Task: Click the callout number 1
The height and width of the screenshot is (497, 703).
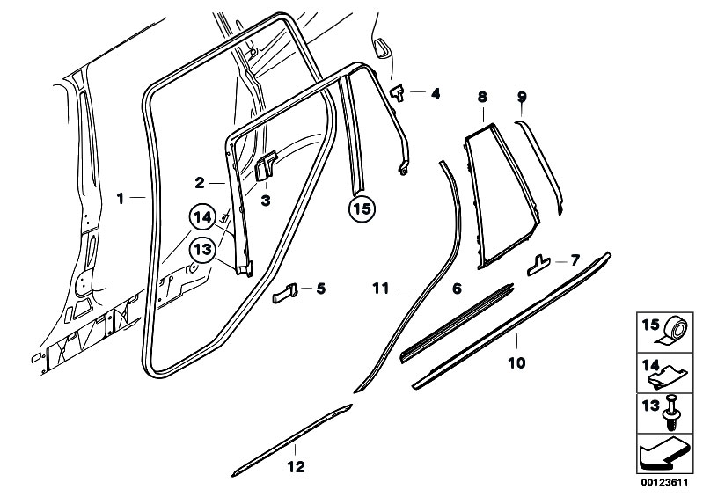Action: [120, 198]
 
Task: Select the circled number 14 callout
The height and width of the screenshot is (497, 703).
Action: [202, 218]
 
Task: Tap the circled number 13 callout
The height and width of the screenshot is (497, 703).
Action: [202, 249]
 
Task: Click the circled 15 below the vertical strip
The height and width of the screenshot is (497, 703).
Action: [362, 208]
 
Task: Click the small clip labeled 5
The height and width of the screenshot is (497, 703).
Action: [285, 293]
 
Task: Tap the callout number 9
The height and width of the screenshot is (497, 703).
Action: [522, 97]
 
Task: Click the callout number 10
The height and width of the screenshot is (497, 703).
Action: [516, 362]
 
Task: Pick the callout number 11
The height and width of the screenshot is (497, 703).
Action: [381, 289]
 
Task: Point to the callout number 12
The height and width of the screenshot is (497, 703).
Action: [296, 467]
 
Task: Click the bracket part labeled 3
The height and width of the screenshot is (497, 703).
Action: [266, 166]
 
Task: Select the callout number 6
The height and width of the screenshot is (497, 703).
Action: [457, 289]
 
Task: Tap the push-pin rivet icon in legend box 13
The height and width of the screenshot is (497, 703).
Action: [671, 413]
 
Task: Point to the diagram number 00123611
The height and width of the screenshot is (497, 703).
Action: [664, 483]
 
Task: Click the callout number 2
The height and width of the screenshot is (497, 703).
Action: [200, 182]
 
